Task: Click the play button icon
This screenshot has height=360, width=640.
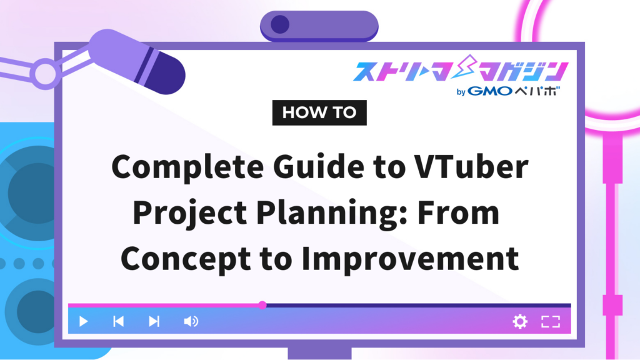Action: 83,322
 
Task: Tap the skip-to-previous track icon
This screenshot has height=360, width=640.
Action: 118,322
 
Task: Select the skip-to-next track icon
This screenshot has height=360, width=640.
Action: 154,322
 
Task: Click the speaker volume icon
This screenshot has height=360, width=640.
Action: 191,322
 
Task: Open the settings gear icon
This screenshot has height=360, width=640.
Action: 520,322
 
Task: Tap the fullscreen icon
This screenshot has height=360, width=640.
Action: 551,322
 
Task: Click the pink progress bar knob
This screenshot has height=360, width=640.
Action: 262,305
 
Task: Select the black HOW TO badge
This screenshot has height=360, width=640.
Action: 319,112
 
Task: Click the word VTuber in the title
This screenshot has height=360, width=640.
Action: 471,166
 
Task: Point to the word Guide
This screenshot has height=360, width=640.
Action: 318,166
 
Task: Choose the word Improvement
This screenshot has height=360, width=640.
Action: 410,259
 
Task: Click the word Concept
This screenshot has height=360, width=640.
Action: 186,259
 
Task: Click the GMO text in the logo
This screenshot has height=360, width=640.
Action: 490,91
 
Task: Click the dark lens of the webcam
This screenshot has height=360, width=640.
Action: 280,24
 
